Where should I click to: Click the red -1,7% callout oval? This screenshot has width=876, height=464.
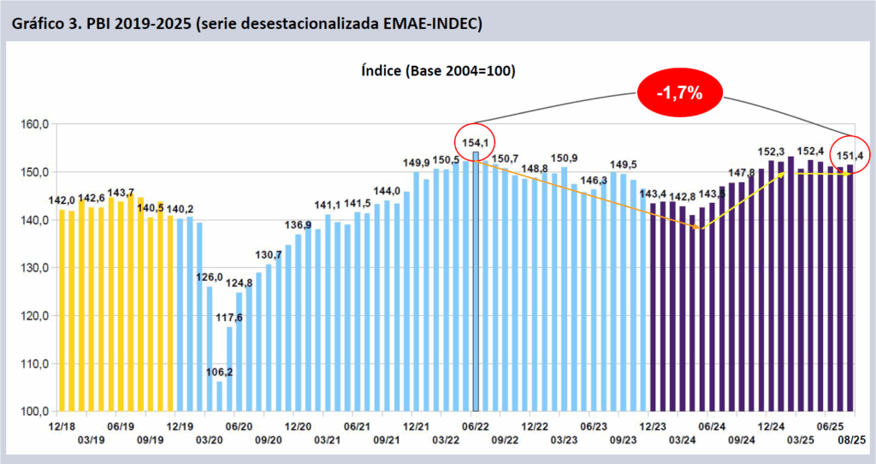679,92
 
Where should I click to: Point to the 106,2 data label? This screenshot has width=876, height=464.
219,372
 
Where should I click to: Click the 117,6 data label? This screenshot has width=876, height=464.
229,318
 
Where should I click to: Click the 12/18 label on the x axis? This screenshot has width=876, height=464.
61,425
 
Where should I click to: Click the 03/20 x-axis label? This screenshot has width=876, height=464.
210,439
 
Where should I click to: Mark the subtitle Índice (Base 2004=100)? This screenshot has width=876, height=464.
437,71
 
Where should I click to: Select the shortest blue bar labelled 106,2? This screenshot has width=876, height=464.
219,396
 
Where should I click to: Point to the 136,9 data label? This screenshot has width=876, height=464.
297,224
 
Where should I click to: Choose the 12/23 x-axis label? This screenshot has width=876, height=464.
652,425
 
